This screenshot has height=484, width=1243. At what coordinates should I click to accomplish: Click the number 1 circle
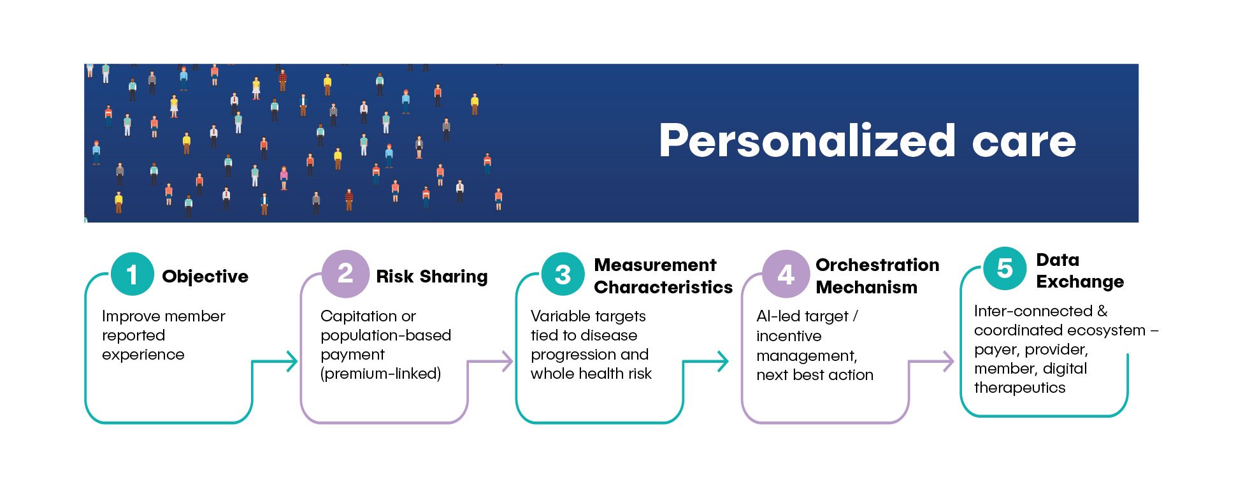tap(132, 274)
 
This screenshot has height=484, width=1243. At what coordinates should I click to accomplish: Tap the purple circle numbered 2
tap(345, 274)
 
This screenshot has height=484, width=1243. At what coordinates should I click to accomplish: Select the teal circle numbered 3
tap(563, 274)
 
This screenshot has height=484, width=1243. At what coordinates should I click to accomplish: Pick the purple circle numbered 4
tap(786, 274)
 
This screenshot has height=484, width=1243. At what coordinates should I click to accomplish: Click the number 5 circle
tap(1005, 268)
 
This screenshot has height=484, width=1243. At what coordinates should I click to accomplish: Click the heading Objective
tap(205, 277)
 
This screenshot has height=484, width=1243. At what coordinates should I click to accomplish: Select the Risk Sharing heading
tap(432, 277)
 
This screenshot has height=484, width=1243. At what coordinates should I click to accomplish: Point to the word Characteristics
tap(663, 287)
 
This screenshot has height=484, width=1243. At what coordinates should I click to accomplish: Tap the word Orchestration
tap(877, 265)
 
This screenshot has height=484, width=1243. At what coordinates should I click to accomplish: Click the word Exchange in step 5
tap(1080, 282)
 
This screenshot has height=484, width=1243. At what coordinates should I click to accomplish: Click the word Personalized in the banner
tap(807, 142)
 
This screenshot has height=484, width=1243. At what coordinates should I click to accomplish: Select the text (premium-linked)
tap(381, 374)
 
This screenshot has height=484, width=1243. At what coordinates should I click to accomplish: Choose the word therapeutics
tap(1019, 388)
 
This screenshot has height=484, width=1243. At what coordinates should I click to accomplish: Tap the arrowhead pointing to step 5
tap(948, 362)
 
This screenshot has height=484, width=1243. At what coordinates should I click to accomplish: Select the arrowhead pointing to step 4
tap(722, 362)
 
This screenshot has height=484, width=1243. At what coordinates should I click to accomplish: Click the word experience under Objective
tap(143, 355)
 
